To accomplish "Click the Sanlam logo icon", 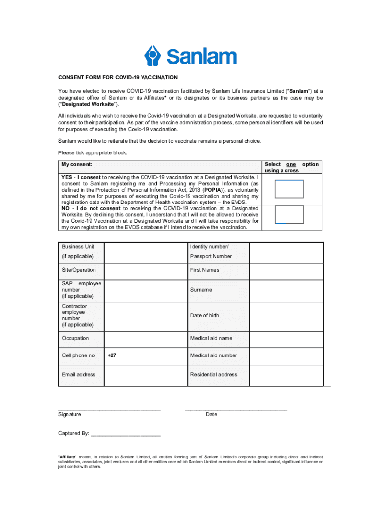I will pyautogui.click(x=153, y=55).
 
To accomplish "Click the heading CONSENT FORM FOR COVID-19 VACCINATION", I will pyautogui.click(x=118, y=78).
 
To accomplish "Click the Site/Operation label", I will pyautogui.click(x=79, y=270).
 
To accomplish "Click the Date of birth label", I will pyautogui.click(x=204, y=316).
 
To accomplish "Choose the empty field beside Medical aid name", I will pyautogui.click(x=286, y=339).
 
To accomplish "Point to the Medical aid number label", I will pyautogui.click(x=213, y=355).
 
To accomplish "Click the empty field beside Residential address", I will pyautogui.click(x=286, y=375).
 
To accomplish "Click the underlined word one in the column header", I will pyautogui.click(x=291, y=164).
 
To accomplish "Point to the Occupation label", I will pyautogui.click(x=75, y=339).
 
